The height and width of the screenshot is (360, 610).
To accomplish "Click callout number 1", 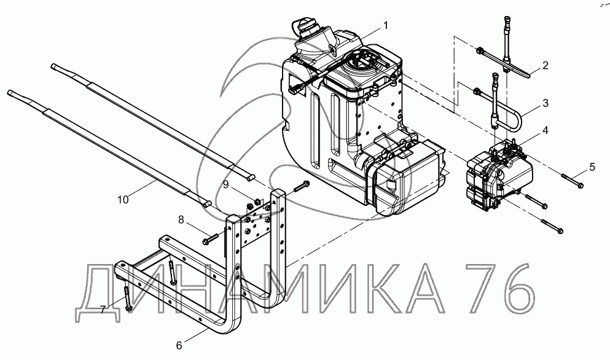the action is coord(385,26).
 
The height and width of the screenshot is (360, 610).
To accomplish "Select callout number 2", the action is coord(545,65).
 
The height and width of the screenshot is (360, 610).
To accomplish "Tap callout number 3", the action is coord(545,103).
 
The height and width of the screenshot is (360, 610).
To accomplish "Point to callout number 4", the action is coord(545,130).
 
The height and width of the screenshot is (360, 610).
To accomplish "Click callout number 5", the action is coord(592,167).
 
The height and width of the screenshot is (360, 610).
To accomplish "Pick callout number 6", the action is coord(179,345).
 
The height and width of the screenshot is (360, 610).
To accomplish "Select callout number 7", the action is coord(103,310).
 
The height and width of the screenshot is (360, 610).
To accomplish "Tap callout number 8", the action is coord(181,220).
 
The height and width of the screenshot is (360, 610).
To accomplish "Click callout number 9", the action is coord(225,185).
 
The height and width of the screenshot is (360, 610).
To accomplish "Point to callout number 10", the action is coord(123,199).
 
